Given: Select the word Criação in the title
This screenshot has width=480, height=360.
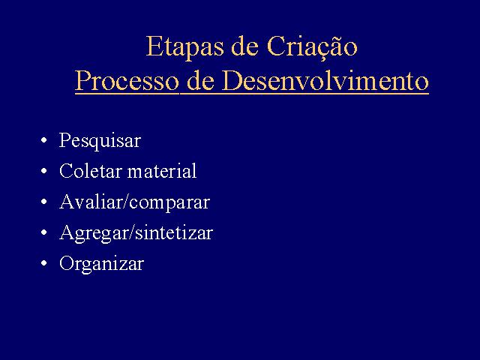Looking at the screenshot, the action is (x=312, y=47).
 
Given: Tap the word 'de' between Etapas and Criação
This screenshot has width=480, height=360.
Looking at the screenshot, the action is (x=244, y=46).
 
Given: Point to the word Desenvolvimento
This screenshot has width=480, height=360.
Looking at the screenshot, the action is (x=325, y=80).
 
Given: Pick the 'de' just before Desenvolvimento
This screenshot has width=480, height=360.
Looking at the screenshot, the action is (x=200, y=80).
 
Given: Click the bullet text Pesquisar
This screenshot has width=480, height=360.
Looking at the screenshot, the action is (x=100, y=141).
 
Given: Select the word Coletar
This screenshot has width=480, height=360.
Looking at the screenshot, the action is (x=91, y=171).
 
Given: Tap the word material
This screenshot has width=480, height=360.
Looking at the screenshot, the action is (x=162, y=171).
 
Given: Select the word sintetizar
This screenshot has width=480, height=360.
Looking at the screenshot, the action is (x=174, y=232).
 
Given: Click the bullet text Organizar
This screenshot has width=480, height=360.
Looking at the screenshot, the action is (x=101, y=264).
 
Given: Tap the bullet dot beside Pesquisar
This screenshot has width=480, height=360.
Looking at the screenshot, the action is (x=44, y=140).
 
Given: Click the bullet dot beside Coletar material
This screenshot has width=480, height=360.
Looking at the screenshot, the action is (x=44, y=171).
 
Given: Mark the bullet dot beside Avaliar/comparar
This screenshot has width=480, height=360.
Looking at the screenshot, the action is (x=44, y=202).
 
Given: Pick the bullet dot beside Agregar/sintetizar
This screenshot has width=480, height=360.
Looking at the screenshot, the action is (x=44, y=232).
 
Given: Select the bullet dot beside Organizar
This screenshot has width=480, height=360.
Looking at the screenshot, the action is (x=44, y=263).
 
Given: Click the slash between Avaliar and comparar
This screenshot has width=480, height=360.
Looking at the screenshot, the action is (x=127, y=202).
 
